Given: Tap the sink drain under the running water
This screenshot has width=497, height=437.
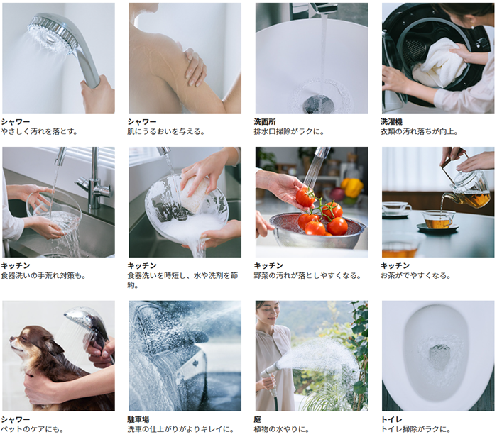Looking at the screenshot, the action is tap(318, 104).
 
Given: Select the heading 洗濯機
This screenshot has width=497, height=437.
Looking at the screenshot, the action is tap(391, 121).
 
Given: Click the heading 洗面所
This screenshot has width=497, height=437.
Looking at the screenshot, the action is tap(265, 121).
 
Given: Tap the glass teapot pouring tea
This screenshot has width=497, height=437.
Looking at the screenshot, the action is tap(466, 190).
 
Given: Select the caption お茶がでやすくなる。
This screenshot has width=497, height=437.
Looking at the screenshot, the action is tap(415, 275).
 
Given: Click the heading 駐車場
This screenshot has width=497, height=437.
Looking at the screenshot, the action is tap(138, 419).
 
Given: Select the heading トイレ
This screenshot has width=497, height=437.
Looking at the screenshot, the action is tap(391, 419).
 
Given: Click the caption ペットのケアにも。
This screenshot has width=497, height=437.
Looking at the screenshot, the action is tap(32, 429).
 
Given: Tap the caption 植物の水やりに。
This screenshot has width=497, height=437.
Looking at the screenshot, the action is tap(281, 429).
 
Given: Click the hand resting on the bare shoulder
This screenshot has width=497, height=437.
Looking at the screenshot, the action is tap(194, 67).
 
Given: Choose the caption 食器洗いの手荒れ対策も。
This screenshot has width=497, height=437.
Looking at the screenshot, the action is tap(43, 275).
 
